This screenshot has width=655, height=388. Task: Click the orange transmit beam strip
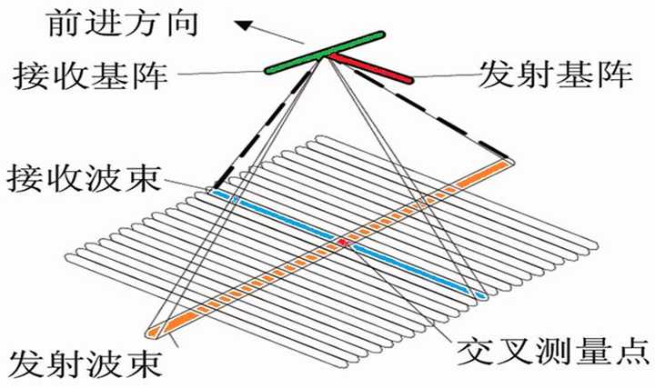[273, 273]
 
